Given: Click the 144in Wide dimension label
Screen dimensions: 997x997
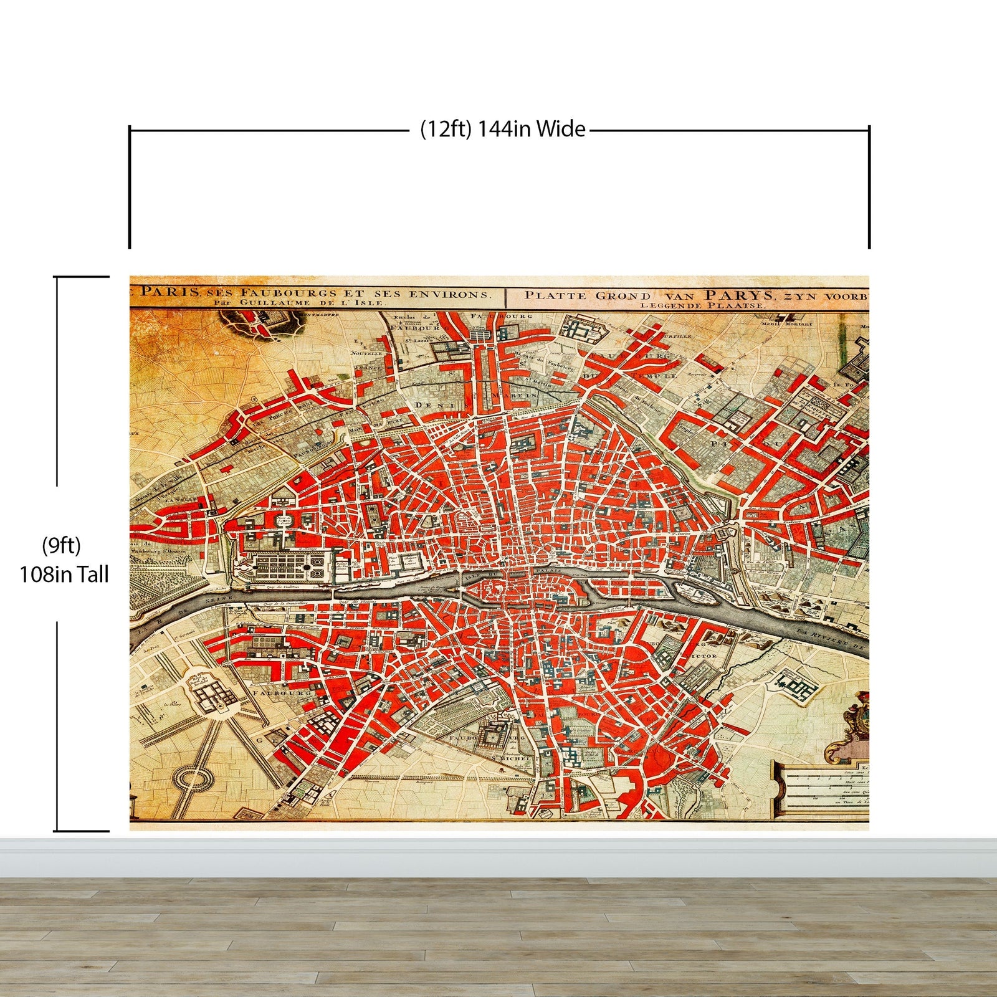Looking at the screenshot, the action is pos(503,129).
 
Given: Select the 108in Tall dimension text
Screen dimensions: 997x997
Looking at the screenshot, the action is pos(64,574).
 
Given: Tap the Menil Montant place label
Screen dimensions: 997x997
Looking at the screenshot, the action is pos(787,323).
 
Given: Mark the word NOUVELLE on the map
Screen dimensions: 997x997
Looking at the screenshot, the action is pos(366,353).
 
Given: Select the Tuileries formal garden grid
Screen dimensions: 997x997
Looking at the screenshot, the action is pos(290,566).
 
